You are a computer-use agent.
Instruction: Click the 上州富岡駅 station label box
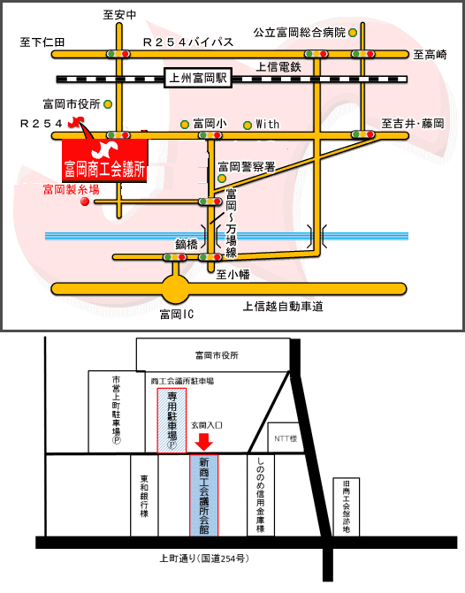coord(198,79)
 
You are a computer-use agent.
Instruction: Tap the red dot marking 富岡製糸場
coord(85,201)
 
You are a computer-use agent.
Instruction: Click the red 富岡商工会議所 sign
coord(105,161)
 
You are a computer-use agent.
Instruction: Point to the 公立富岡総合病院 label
coord(300,33)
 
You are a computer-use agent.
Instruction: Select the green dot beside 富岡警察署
coord(222,179)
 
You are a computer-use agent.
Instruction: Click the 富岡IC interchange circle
coord(175,289)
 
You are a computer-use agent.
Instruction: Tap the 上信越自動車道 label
coord(283,307)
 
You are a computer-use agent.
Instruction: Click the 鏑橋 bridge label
coord(187,245)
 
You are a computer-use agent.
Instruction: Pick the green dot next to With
coord(248,125)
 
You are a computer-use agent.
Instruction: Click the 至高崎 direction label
coord(430,55)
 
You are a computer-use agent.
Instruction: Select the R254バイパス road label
coord(188,42)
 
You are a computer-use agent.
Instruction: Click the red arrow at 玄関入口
coord(204,442)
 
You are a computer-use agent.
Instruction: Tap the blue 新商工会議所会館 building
coord(204,496)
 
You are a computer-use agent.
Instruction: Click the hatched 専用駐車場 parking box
coord(172,421)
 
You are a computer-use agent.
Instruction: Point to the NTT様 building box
coord(285,438)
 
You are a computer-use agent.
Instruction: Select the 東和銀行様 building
coord(144,496)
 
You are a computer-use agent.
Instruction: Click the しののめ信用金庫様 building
coord(261,496)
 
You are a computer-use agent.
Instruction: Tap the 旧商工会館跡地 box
coord(347,507)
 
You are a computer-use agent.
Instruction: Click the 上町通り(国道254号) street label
coord(204,559)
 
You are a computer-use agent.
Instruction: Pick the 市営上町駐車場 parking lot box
coord(117,412)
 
